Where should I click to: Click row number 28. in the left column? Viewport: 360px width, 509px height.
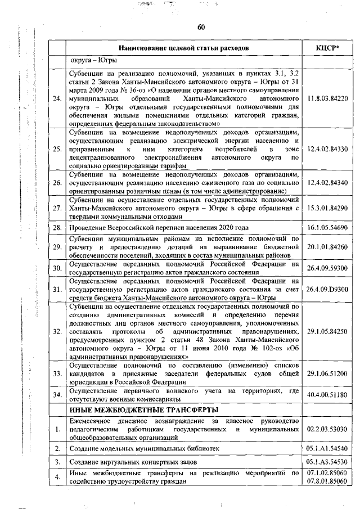[x=57, y=228]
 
